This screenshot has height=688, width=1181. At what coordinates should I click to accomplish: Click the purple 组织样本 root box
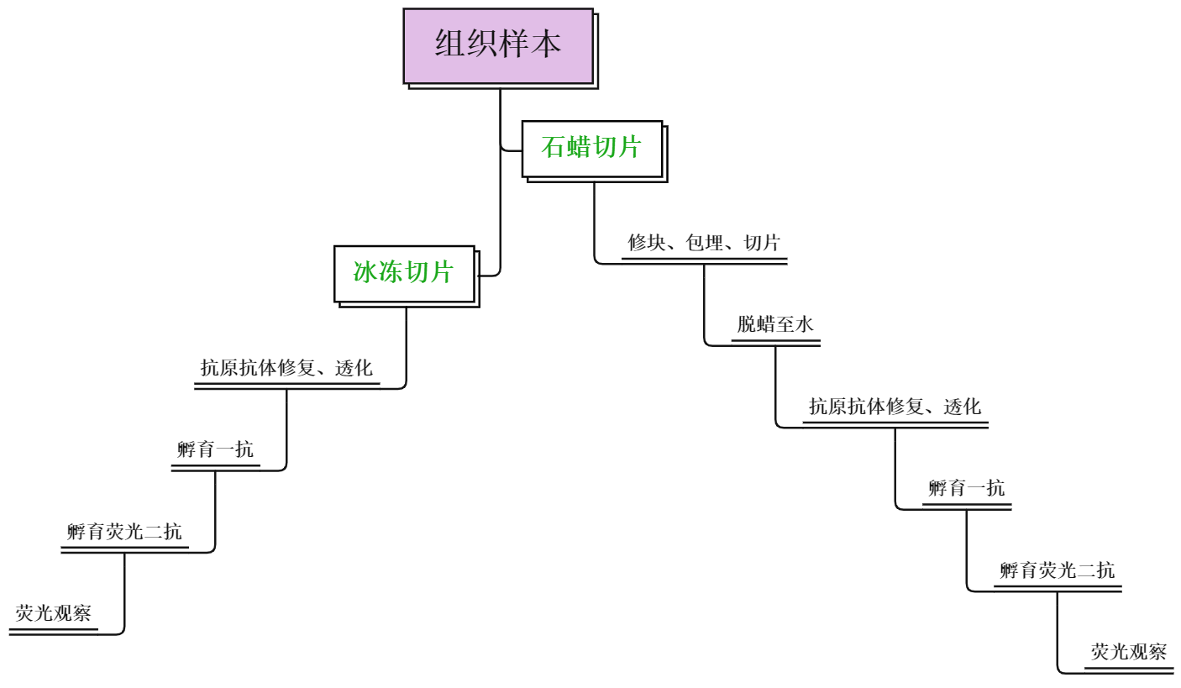coord(498,45)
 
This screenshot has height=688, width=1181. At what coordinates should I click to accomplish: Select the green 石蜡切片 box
coord(592,149)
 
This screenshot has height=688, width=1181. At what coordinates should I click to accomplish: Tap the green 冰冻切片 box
coord(404,273)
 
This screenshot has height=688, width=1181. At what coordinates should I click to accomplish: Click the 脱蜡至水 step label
coord(775,325)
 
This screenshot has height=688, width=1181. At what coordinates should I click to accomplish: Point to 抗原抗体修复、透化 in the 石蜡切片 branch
coord(895,407)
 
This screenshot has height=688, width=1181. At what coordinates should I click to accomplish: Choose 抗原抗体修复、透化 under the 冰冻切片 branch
coord(286,368)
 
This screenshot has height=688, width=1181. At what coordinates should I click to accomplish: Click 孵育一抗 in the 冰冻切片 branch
coord(215,450)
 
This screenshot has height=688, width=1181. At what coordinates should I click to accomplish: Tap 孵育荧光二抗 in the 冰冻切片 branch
coord(124,532)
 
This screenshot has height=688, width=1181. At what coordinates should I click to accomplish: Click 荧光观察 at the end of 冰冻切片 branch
coord(54,613)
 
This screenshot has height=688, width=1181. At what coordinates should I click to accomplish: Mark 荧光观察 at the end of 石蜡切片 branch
coord(1129,652)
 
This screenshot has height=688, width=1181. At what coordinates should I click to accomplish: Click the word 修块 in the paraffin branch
coord(643,244)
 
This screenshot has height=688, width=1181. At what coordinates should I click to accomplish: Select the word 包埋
coord(702,244)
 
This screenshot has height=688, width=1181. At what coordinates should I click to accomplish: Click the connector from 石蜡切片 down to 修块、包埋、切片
coord(595,227)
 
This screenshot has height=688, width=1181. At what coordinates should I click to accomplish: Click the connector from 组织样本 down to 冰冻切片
coord(501,210)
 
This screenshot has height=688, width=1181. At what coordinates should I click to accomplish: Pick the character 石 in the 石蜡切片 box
coord(554,149)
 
